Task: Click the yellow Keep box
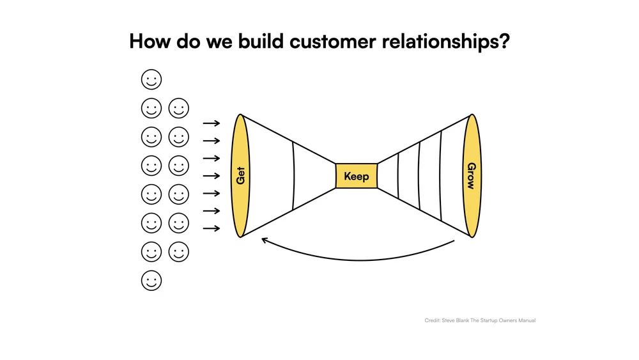(356, 176)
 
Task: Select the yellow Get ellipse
(240, 176)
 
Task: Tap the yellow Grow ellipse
(472, 176)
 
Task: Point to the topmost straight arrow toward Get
(212, 123)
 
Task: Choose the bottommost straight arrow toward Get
(212, 228)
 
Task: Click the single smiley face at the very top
(151, 80)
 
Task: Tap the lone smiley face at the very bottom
(151, 281)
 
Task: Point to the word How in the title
(148, 42)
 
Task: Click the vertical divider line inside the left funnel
(293, 176)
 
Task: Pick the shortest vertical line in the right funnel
(397, 176)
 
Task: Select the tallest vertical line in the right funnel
(441, 176)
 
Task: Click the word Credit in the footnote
(432, 320)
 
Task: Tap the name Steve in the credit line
(450, 320)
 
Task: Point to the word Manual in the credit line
(525, 320)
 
